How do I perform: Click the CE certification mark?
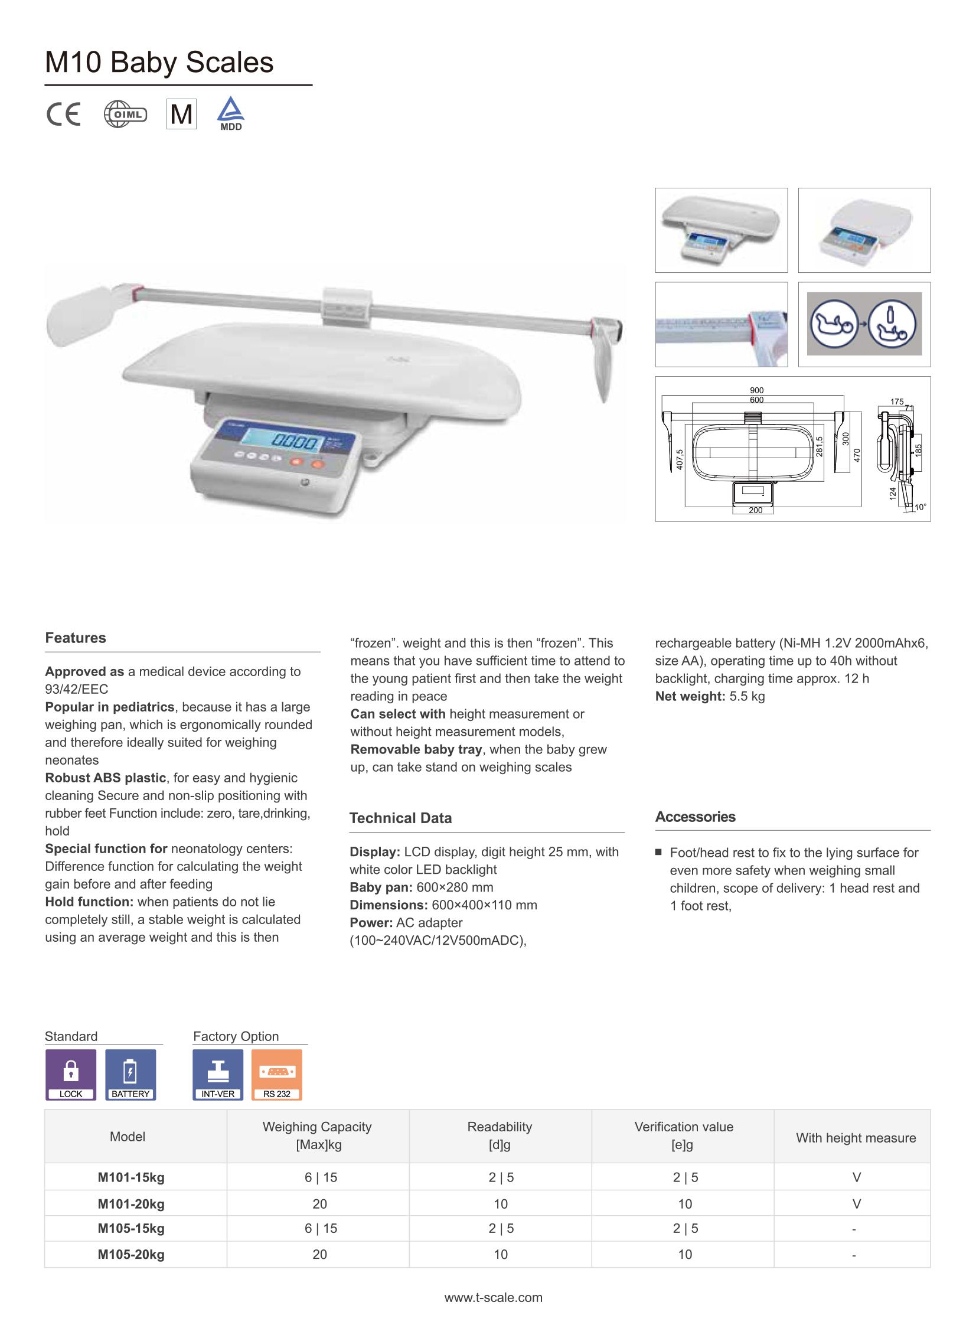tap(63, 114)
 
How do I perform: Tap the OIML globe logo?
tap(125, 114)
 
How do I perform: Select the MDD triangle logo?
tap(230, 113)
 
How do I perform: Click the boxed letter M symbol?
tap(181, 114)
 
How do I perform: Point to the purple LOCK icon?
tap(71, 1073)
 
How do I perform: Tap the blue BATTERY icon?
tap(130, 1073)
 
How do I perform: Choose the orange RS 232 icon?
tap(276, 1073)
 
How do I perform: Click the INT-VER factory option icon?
tap(218, 1073)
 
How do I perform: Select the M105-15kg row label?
tap(131, 1228)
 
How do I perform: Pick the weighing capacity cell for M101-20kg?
tap(319, 1203)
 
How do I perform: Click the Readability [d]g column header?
tap(500, 1135)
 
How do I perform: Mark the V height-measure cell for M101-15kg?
tap(856, 1177)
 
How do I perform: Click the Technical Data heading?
tap(400, 818)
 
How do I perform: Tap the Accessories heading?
tap(695, 817)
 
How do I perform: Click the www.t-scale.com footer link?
tap(494, 1297)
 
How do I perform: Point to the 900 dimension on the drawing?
tap(756, 390)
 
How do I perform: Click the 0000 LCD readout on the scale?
tap(294, 441)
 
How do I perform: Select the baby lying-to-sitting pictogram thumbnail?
tap(864, 324)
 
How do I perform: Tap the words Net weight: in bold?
tap(690, 696)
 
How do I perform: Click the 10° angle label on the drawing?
tap(920, 507)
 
